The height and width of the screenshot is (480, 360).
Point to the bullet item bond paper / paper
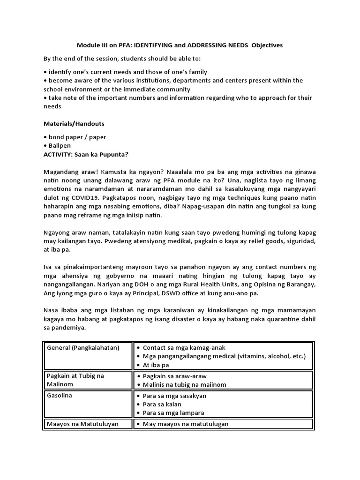(77, 137)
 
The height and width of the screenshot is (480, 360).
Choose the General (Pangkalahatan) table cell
(83, 348)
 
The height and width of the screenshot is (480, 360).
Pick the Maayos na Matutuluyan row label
(82, 424)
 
